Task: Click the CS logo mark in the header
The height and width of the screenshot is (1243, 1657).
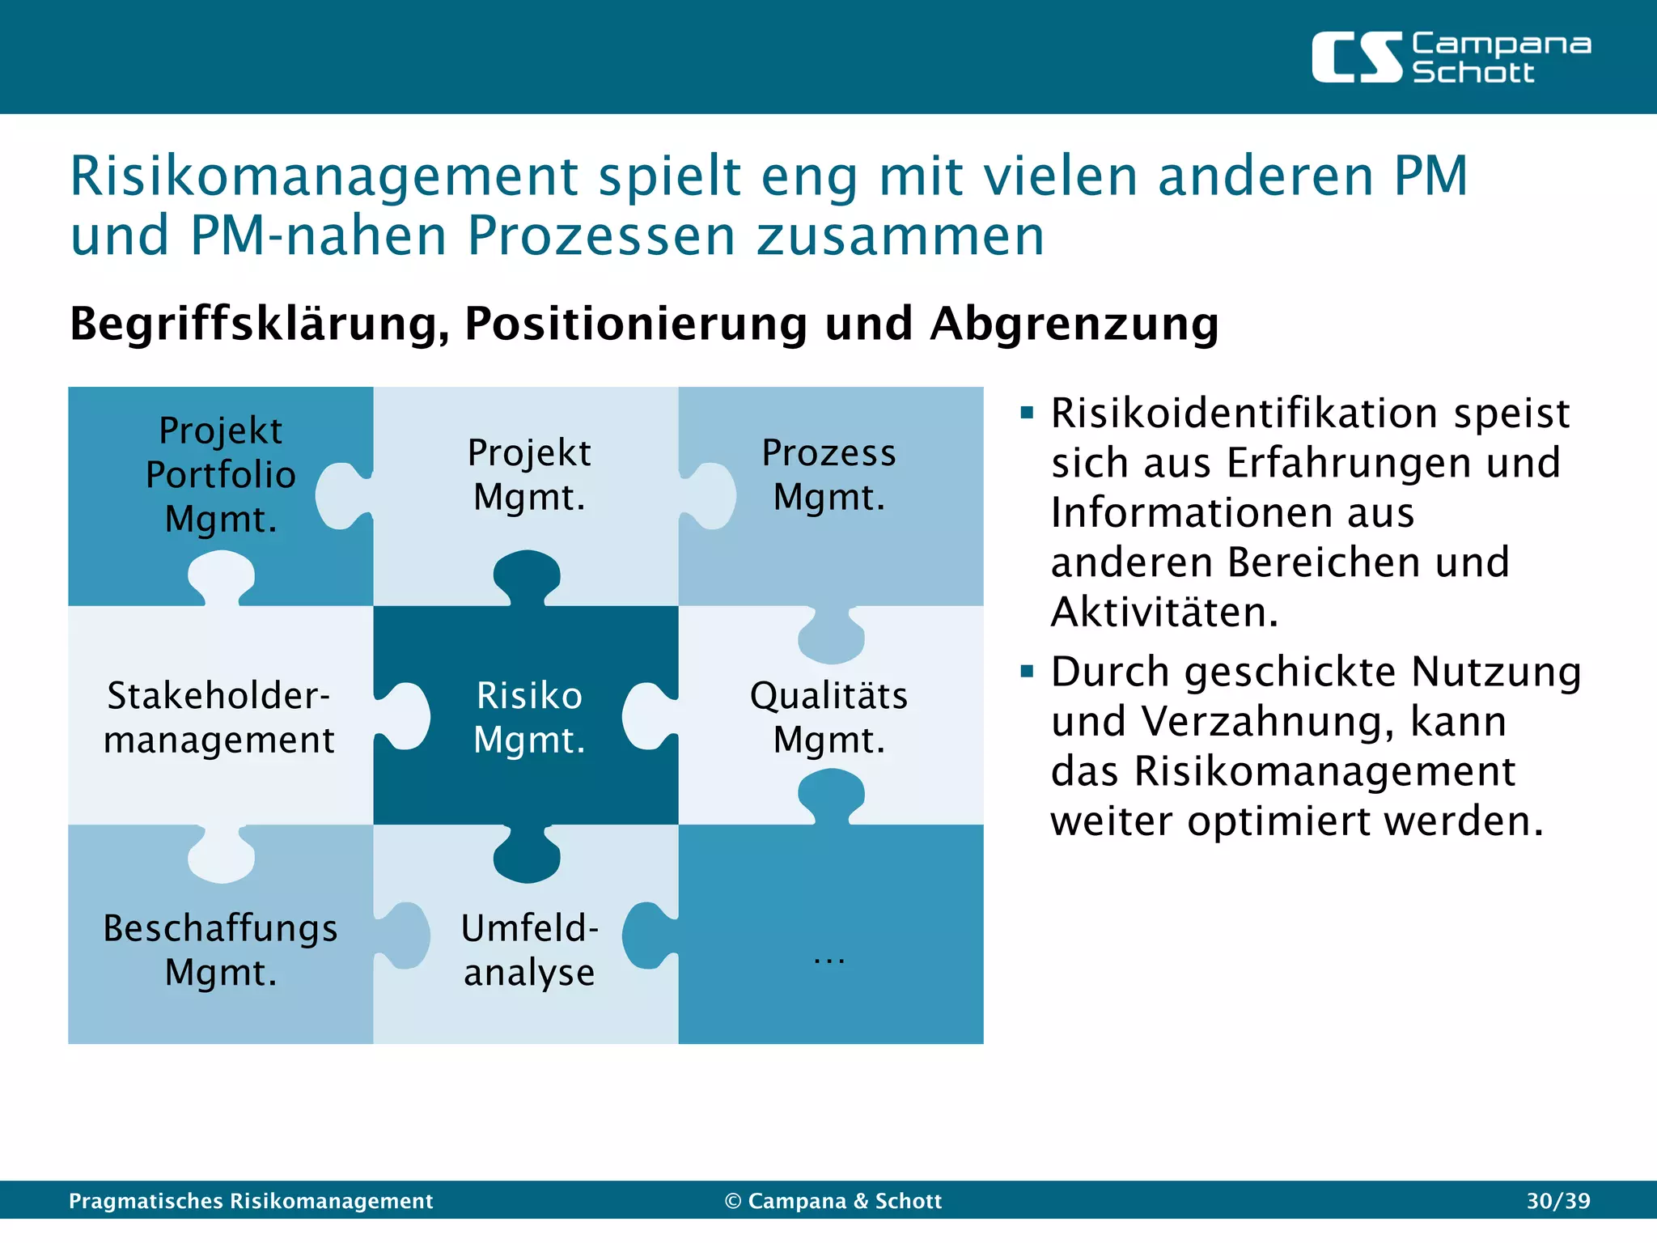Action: (1357, 57)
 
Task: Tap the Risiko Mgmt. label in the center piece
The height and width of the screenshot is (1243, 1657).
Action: (529, 718)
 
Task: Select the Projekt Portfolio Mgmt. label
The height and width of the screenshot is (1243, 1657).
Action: (220, 475)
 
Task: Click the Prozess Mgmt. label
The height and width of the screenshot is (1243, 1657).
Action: (829, 475)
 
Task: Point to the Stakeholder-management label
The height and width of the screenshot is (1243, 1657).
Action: (219, 718)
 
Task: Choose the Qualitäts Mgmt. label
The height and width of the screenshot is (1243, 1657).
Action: (829, 718)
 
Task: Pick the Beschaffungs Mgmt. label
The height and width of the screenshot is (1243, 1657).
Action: (220, 950)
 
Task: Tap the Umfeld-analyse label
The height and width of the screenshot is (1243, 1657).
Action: (529, 950)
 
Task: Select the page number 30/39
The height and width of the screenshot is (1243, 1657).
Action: (1558, 1201)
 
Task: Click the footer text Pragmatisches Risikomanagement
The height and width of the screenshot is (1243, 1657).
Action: (251, 1201)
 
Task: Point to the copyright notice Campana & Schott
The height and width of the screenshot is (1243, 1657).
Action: (833, 1201)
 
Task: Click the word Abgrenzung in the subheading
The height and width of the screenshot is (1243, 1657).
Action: (1074, 324)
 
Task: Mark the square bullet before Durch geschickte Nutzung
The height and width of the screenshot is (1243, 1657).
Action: (1028, 672)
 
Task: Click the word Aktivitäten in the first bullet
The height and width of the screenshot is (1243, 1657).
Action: (1165, 613)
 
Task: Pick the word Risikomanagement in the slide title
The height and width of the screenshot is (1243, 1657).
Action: (324, 176)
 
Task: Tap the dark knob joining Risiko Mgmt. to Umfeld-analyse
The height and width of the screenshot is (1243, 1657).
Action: (527, 858)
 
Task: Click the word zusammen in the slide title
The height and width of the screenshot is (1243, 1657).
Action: (900, 236)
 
